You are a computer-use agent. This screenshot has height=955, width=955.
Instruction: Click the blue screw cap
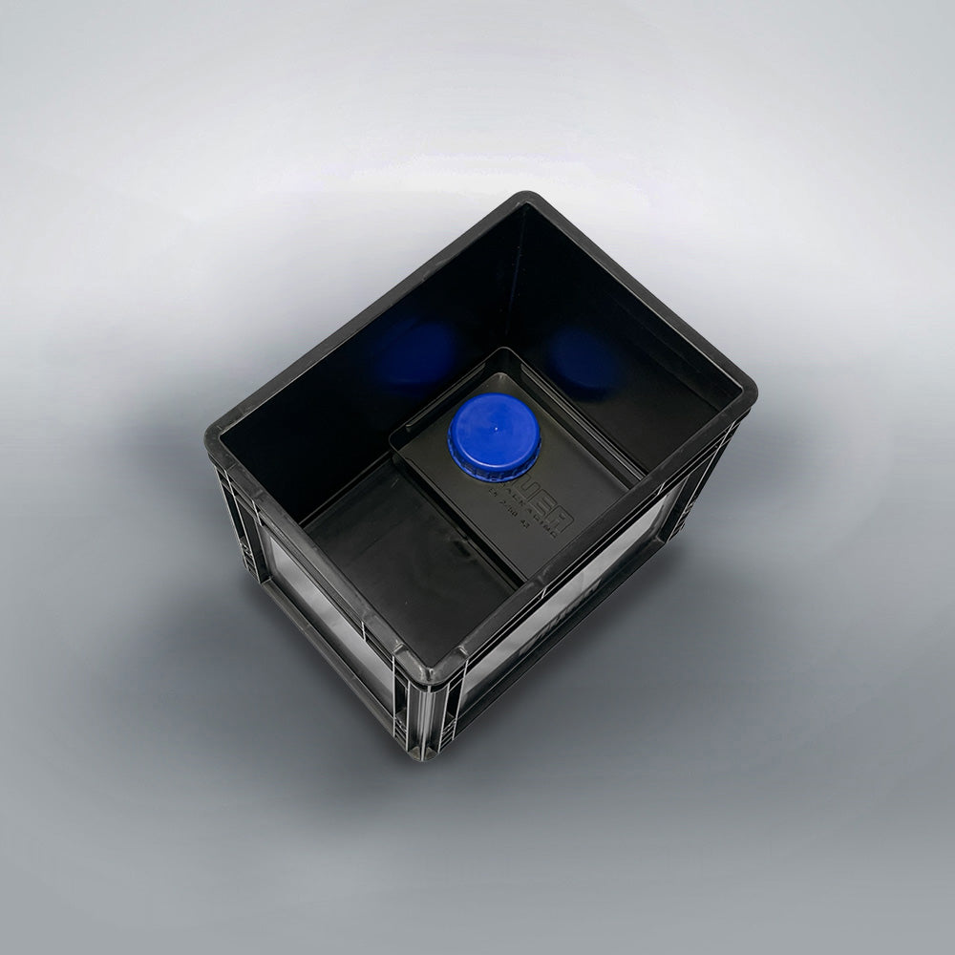tap(495, 435)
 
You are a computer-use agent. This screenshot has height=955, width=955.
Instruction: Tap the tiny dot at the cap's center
tap(496, 431)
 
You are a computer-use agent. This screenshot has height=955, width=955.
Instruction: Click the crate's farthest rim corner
tap(528, 199)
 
